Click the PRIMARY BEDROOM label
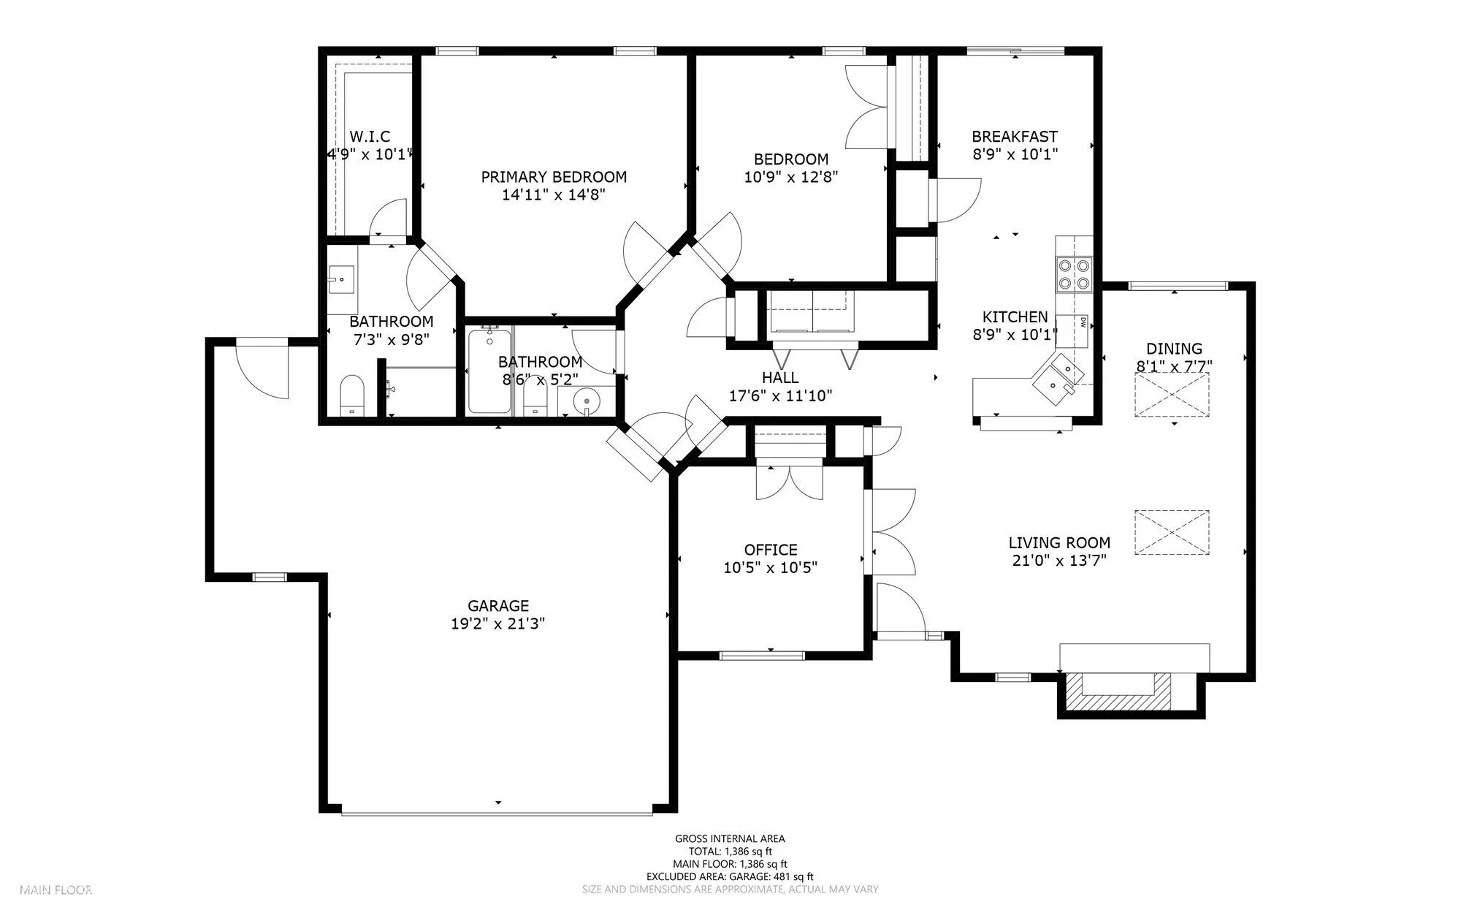554,177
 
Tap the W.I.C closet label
370,137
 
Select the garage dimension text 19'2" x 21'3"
498,624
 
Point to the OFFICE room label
771,550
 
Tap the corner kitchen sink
1058,374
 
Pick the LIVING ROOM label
1059,543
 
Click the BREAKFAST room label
1015,137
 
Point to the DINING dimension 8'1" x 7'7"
1174,366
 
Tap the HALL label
780,378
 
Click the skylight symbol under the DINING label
1172,395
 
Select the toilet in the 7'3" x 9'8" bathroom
351,395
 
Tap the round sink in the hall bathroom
584,401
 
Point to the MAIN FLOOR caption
56,890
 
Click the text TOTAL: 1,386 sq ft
730,852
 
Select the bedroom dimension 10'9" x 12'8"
791,177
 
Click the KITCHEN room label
1015,317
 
